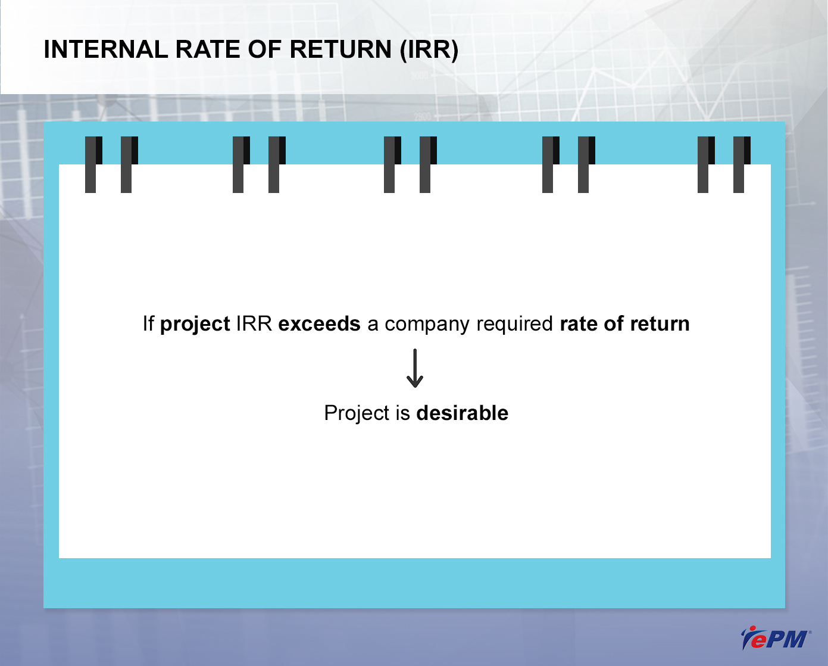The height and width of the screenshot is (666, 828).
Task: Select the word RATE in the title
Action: click(x=208, y=49)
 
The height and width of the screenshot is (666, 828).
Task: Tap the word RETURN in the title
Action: click(x=340, y=49)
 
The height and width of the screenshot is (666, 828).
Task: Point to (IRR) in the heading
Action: click(x=429, y=50)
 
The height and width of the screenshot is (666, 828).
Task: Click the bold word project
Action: click(x=195, y=324)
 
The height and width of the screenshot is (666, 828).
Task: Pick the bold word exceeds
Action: click(x=319, y=323)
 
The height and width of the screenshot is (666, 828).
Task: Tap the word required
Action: click(x=515, y=324)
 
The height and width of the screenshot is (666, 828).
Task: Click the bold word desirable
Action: click(x=463, y=413)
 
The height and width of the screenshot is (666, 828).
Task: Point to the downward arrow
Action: click(x=415, y=368)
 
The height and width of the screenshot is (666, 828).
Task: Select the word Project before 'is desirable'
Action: click(x=357, y=413)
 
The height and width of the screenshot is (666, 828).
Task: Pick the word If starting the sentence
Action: click(x=149, y=323)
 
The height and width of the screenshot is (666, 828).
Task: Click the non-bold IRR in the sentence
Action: click(x=254, y=323)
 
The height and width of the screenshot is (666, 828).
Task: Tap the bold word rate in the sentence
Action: click(x=579, y=324)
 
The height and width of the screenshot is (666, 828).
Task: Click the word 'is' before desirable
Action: click(x=403, y=413)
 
